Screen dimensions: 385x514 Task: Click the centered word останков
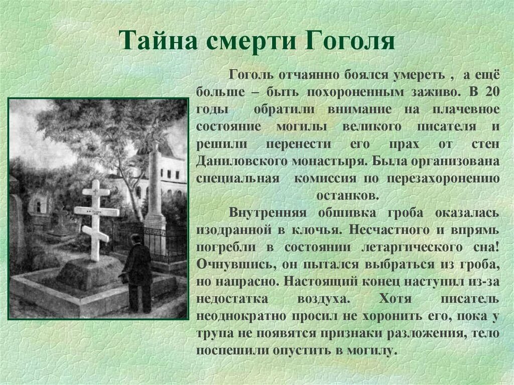coord(347,195)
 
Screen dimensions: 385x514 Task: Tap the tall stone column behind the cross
coord(156,188)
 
